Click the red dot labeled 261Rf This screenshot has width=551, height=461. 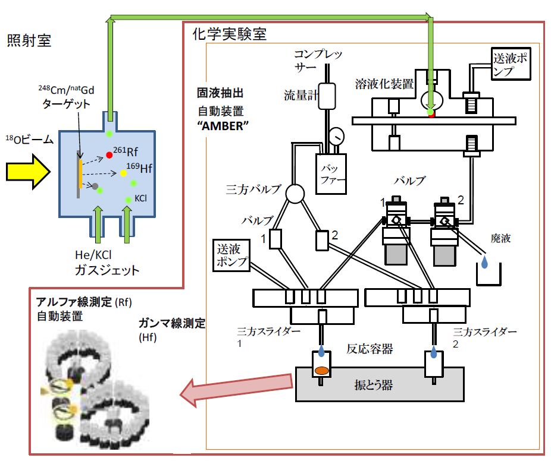tap(109, 155)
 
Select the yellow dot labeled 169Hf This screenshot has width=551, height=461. tap(123, 173)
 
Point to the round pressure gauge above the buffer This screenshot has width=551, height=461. tap(338, 137)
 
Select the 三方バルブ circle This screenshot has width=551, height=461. tap(295, 193)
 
